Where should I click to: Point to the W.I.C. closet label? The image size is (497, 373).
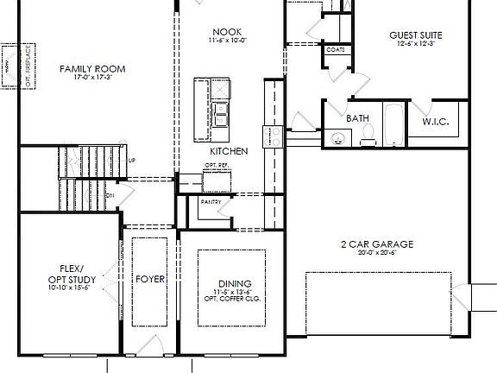coord(434,123)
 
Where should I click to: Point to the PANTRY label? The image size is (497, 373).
coord(211,203)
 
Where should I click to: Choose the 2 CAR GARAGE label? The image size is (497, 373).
coord(376,244)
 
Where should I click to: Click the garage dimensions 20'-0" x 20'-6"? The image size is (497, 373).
coord(376,253)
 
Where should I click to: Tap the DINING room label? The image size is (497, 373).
coord(229,283)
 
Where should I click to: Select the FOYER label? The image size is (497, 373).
coord(148,279)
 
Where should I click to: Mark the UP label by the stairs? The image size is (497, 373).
coord(131,161)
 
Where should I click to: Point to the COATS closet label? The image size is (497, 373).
coord(335,50)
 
